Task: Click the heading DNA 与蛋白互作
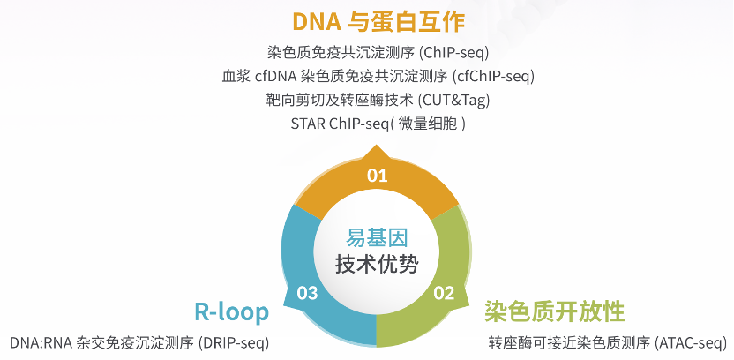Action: pos(378,21)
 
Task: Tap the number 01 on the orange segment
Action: pos(378,176)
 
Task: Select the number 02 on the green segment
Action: pos(444,293)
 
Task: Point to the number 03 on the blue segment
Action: pos(308,293)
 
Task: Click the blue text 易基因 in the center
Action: pos(377,238)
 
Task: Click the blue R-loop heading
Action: pos(232,311)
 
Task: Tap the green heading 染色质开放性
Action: pos(554,311)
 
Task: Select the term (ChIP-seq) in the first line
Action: pos(453,52)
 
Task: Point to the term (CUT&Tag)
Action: pos(453,100)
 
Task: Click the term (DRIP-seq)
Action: pos(234,343)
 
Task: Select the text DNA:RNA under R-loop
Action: pos(41,343)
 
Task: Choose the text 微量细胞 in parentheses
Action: pos(426,124)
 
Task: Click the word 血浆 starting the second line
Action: pos(236,76)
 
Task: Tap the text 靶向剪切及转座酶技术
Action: pos(340,100)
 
